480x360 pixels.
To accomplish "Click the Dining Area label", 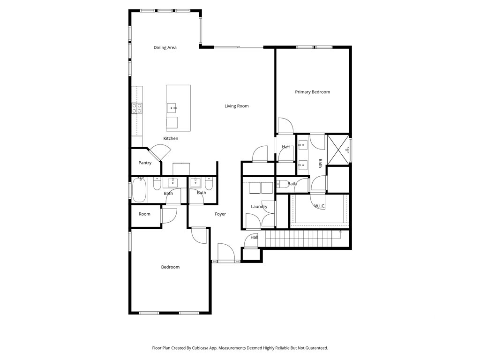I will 165,47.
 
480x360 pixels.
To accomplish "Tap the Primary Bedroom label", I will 312,92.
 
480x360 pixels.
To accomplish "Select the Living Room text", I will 236,106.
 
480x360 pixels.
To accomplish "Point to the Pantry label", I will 145,163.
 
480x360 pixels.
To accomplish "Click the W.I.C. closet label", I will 320,206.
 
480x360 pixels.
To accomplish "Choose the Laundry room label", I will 259,206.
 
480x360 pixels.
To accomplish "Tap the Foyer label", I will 220,214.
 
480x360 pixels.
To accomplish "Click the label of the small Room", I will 144,214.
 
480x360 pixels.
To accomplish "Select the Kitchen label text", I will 171,138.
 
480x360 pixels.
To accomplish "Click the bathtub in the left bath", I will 139,190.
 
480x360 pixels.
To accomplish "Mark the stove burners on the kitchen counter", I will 137,108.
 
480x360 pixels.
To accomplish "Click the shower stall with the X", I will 338,150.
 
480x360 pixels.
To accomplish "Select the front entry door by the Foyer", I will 226,253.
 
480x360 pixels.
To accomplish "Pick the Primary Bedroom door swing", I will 285,126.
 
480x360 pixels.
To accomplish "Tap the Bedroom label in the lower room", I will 170,267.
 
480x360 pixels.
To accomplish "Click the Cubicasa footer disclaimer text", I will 240,348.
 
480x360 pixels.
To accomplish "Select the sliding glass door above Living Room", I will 238,47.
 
